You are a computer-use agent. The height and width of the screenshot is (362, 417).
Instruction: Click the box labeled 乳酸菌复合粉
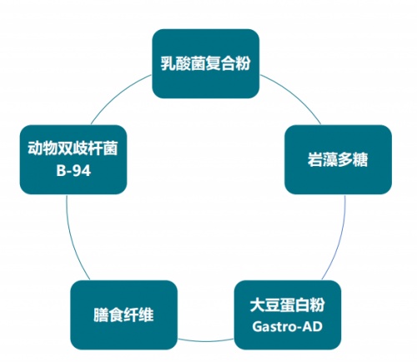point(206,63)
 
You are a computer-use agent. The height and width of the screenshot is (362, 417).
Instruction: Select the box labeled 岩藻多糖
point(338,159)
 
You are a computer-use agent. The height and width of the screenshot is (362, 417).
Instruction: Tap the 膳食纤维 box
point(124,315)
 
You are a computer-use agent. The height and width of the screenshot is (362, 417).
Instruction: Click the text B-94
point(73,171)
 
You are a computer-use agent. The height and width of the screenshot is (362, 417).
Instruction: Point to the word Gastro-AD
point(288,326)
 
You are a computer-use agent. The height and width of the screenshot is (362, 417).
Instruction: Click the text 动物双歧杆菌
point(73,148)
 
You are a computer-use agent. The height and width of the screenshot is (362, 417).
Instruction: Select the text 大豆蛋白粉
point(288,305)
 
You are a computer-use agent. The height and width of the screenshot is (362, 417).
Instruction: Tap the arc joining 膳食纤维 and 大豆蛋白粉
point(206,340)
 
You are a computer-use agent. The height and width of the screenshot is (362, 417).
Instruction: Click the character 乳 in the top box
point(168,63)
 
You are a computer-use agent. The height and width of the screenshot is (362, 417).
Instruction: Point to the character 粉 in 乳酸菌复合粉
point(243,63)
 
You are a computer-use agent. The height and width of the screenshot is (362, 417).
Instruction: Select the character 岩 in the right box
point(315,159)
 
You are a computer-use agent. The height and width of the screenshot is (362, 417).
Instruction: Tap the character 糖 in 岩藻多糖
point(360,159)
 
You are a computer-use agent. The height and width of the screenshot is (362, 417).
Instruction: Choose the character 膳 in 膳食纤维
point(101,315)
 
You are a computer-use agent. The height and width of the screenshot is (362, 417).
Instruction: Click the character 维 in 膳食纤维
point(146,315)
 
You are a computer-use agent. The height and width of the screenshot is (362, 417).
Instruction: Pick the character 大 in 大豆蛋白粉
point(258,305)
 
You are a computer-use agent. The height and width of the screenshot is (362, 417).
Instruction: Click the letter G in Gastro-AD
point(257,327)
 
